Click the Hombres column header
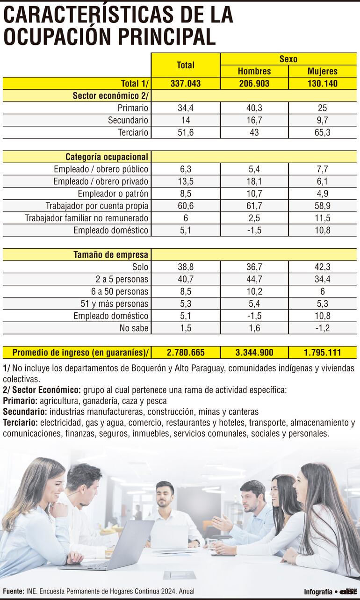point(254,71)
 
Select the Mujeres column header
point(323,71)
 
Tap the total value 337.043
point(186,84)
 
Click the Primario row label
point(133,108)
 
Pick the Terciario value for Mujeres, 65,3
point(323,132)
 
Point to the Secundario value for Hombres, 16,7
point(254,120)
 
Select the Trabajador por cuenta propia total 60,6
point(186,205)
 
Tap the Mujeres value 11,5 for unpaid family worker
point(323,217)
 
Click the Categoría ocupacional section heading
point(107,157)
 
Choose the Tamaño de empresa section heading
point(111,255)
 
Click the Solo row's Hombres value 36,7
point(254,267)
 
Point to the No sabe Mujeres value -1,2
point(323,328)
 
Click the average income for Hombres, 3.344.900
point(254,353)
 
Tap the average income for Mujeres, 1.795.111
point(323,353)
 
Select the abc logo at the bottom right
point(348,592)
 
